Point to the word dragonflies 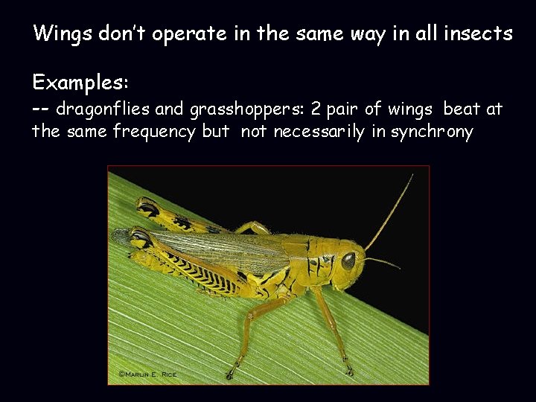pos(103,110)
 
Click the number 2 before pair pos(316,109)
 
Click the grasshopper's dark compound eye pos(348,261)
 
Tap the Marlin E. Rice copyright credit pos(147,374)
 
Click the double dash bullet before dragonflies pos(41,109)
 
